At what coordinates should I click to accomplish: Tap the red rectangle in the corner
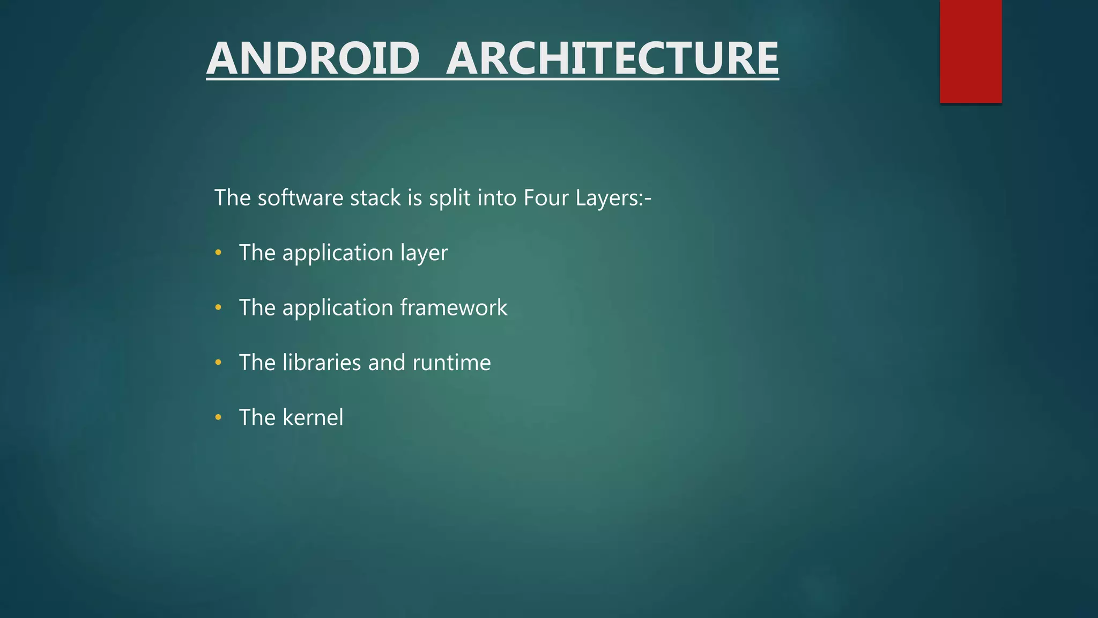[970, 51]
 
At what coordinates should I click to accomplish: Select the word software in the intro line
[300, 198]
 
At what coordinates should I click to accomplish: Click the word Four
[546, 198]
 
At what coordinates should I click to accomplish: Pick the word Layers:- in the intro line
[613, 198]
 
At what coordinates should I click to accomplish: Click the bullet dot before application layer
[218, 253]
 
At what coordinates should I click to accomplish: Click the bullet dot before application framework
[218, 307]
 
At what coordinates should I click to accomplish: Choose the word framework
[454, 307]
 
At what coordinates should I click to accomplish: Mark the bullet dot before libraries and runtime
[218, 363]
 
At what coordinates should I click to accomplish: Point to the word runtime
[451, 363]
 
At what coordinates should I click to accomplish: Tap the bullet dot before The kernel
[218, 417]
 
